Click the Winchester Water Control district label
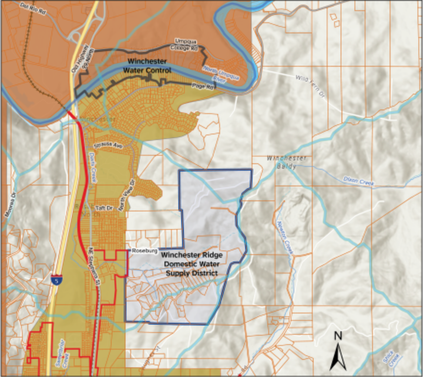(x=147, y=66)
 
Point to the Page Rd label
(x=203, y=86)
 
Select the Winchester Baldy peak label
(x=287, y=162)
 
